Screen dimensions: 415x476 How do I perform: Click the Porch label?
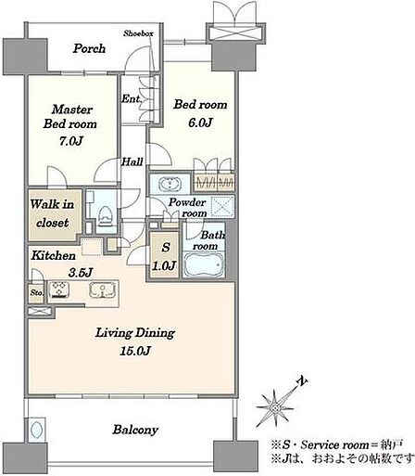pos(89,48)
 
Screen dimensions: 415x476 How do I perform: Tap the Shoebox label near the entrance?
pos(138,33)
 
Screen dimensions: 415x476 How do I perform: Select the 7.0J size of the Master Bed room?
pos(71,141)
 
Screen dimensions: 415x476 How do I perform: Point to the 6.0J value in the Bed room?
pos(200,122)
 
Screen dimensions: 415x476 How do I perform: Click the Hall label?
pos(132,161)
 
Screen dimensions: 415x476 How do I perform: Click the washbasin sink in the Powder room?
pos(170,185)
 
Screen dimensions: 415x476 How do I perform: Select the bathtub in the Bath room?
pos(203,264)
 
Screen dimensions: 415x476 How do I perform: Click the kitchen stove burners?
pos(59,290)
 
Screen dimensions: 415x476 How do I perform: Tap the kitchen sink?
pos(102,290)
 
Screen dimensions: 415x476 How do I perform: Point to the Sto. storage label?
pos(36,292)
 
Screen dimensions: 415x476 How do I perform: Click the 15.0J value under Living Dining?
pos(135,351)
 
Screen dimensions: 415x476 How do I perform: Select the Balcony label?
pos(135,430)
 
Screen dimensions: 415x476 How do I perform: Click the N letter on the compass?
pos(302,381)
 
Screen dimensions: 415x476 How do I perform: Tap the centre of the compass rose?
pos(274,407)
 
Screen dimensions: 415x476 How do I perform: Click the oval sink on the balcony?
pos(36,430)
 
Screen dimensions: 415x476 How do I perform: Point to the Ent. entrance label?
pos(131,98)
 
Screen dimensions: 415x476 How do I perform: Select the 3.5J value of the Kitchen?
pos(81,273)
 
